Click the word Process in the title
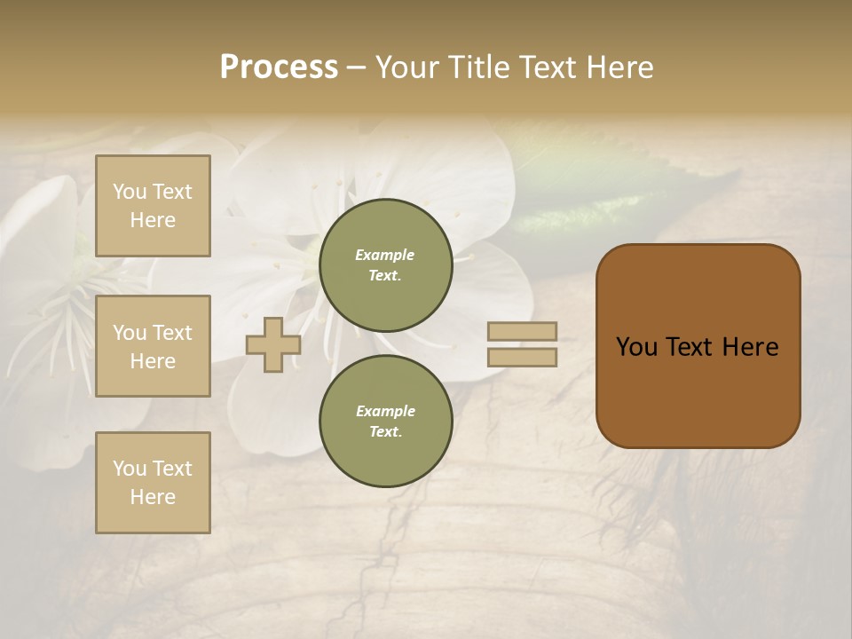(279, 67)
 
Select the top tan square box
(153, 206)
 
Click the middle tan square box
(153, 346)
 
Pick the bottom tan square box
(153, 483)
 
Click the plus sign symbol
(273, 344)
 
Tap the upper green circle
(385, 264)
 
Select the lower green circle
(385, 421)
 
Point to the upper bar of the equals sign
(522, 331)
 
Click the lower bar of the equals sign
(522, 357)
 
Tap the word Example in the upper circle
(385, 255)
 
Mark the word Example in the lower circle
(385, 411)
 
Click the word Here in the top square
(153, 220)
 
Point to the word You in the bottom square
(130, 469)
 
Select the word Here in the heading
(617, 67)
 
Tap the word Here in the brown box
(750, 347)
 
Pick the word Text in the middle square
(171, 333)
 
